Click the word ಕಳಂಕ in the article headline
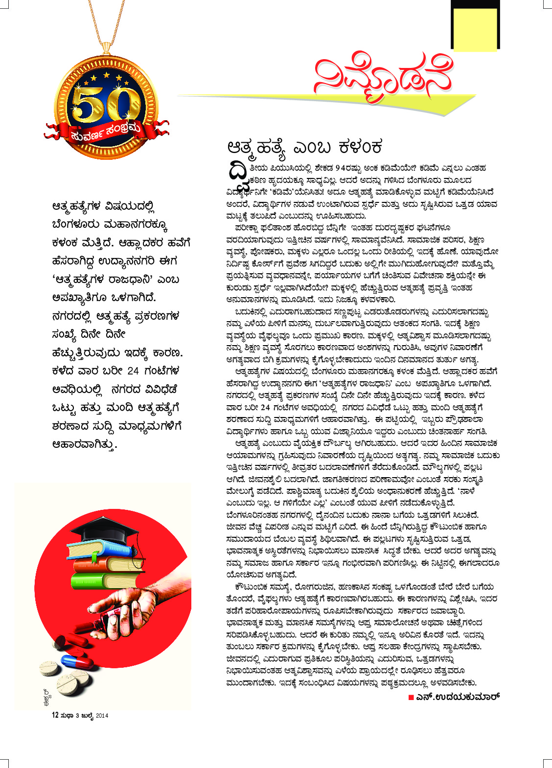pyautogui.click(x=360, y=146)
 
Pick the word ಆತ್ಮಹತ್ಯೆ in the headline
pyautogui.click(x=256, y=147)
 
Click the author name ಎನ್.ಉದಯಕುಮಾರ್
pyautogui.click(x=458, y=697)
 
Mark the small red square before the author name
pyautogui.click(x=411, y=697)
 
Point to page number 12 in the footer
pyautogui.click(x=55, y=715)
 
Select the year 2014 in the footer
pyautogui.click(x=102, y=716)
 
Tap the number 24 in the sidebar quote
pyautogui.click(x=133, y=371)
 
